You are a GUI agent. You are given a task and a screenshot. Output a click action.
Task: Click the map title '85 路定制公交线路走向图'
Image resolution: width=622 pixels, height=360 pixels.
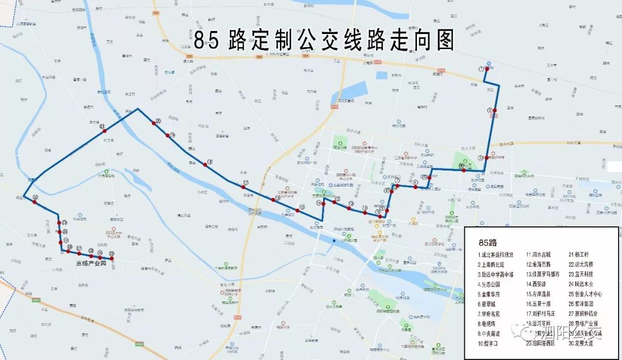click(x=324, y=40)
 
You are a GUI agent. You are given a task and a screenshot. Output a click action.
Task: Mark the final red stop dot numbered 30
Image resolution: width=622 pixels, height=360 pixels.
click(x=112, y=259)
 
